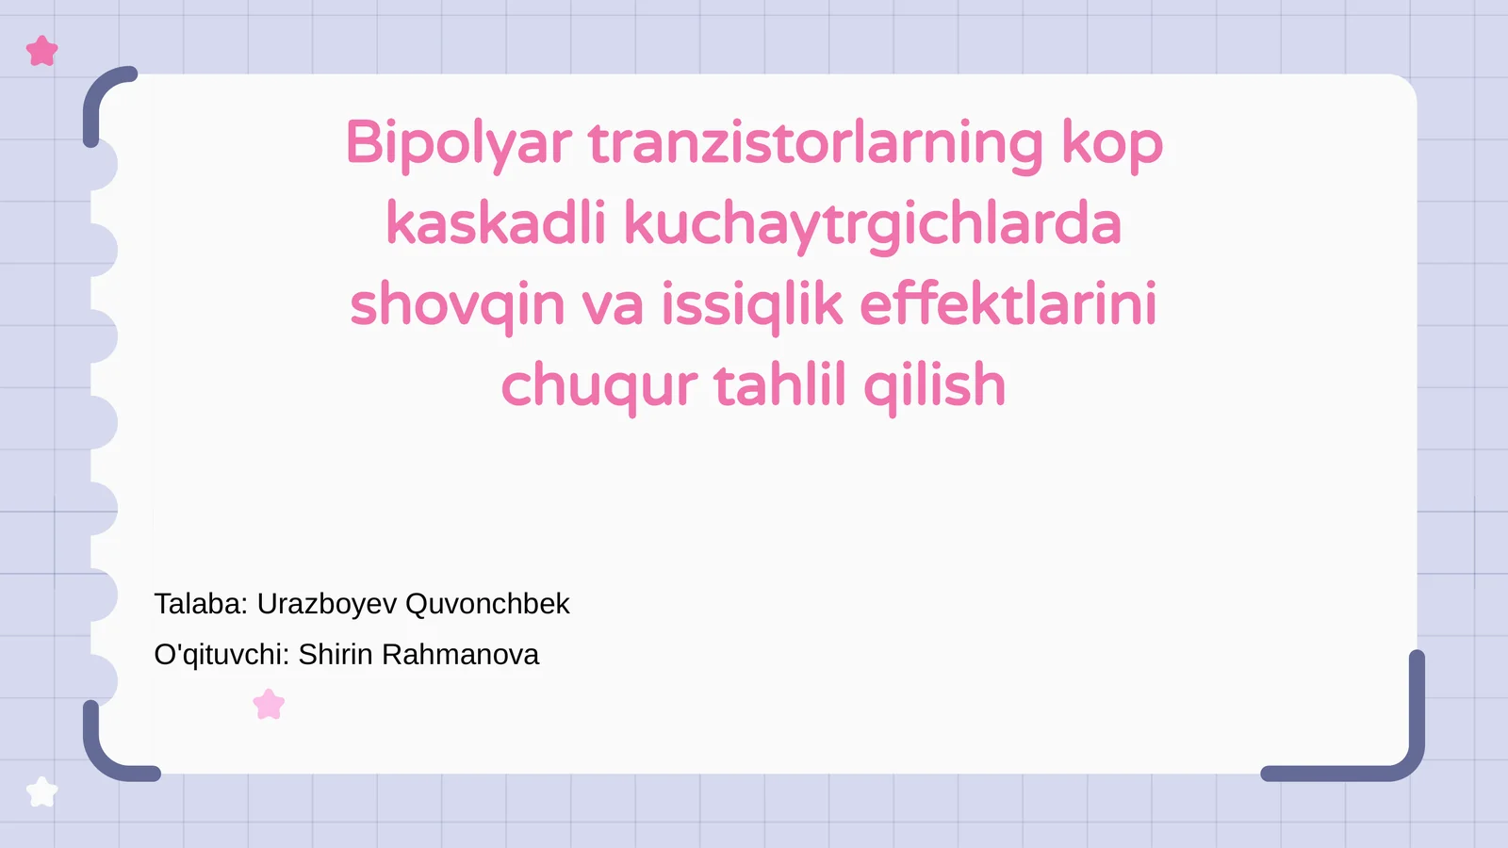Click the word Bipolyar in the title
pos(459,145)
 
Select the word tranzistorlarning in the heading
pos(816,143)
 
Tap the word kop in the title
pos(1112,145)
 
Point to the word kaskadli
pos(496,224)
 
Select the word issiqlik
pos(751,305)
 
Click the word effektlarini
pos(1008,305)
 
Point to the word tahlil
pos(779,386)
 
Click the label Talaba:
pos(201,604)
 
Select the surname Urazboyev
pos(327,605)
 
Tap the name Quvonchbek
pos(487,604)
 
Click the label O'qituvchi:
pos(221,655)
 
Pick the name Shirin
pos(336,655)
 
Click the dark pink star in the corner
pos(42,51)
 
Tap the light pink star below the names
pos(270,704)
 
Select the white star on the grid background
pos(41,791)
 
